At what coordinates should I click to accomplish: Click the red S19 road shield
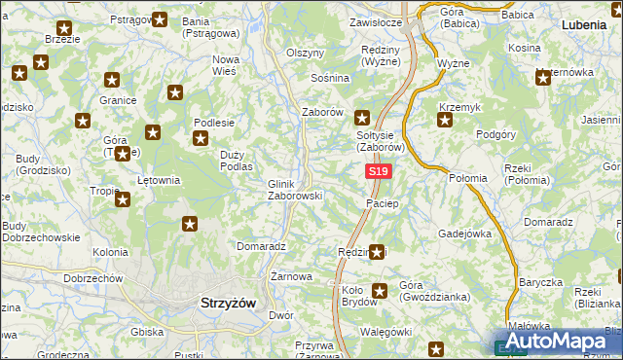pos(380,172)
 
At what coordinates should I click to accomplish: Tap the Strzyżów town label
pos(228,303)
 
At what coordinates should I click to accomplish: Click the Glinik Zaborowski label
pos(294,189)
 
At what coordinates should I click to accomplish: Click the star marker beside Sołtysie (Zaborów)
pos(362,115)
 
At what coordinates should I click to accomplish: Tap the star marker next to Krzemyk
pos(445,121)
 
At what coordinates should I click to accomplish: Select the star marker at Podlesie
pos(200,139)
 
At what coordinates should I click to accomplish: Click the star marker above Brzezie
pos(65,28)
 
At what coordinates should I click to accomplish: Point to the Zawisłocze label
pos(376,22)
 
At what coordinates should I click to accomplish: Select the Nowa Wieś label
pos(226,64)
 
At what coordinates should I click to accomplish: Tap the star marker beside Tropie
pos(123,199)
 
